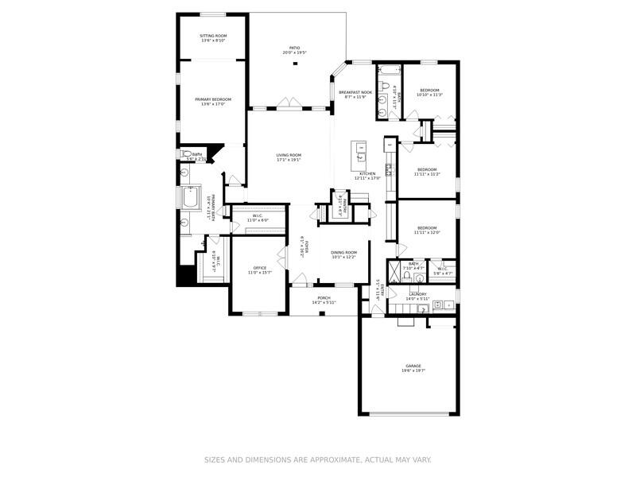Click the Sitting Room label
(212, 36)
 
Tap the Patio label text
(294, 49)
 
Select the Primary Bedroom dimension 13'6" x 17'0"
(212, 104)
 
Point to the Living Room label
(289, 155)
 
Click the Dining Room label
(343, 254)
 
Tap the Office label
(259, 269)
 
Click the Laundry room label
(418, 293)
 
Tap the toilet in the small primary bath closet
(185, 154)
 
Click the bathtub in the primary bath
(189, 196)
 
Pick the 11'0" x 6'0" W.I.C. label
(258, 217)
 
